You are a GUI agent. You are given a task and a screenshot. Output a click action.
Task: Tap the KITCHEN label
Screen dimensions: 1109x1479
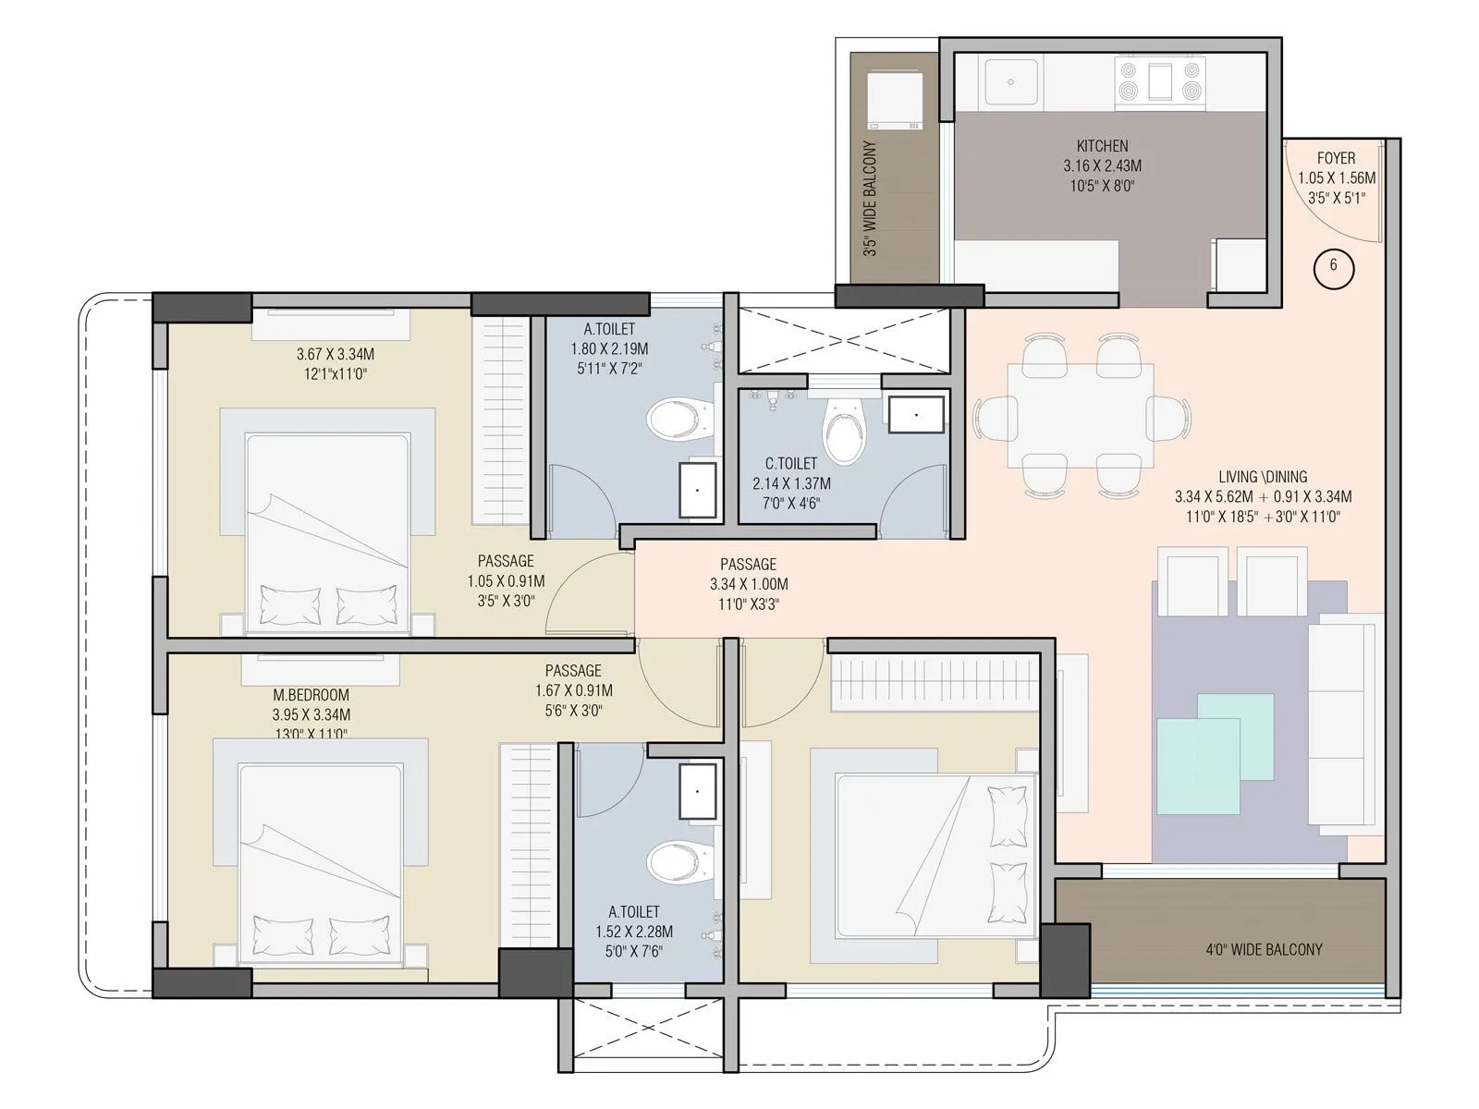[x=1102, y=146]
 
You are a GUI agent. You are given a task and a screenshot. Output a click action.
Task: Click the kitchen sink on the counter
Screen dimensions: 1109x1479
[x=1012, y=82]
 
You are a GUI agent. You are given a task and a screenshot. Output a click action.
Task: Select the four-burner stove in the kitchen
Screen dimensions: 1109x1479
[x=1159, y=79]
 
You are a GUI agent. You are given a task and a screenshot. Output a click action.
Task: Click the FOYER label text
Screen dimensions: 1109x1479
[x=1336, y=159]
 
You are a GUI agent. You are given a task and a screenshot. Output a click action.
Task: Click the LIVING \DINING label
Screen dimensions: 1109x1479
[x=1263, y=477]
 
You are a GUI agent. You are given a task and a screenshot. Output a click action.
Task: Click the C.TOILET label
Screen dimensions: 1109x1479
[x=790, y=463]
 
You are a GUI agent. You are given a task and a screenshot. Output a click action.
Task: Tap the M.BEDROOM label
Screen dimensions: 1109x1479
[x=311, y=695]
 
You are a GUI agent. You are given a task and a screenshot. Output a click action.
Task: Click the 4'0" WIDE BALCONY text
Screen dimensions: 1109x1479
[x=1264, y=949]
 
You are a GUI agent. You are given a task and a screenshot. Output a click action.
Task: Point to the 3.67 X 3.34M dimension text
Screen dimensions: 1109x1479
[x=335, y=354]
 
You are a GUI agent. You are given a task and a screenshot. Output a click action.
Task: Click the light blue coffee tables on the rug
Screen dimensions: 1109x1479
[x=1214, y=753]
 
